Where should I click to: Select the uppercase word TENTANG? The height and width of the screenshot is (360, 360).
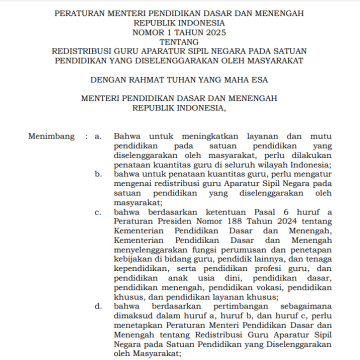(x=180, y=44)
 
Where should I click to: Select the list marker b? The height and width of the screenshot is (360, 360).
(x=101, y=174)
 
